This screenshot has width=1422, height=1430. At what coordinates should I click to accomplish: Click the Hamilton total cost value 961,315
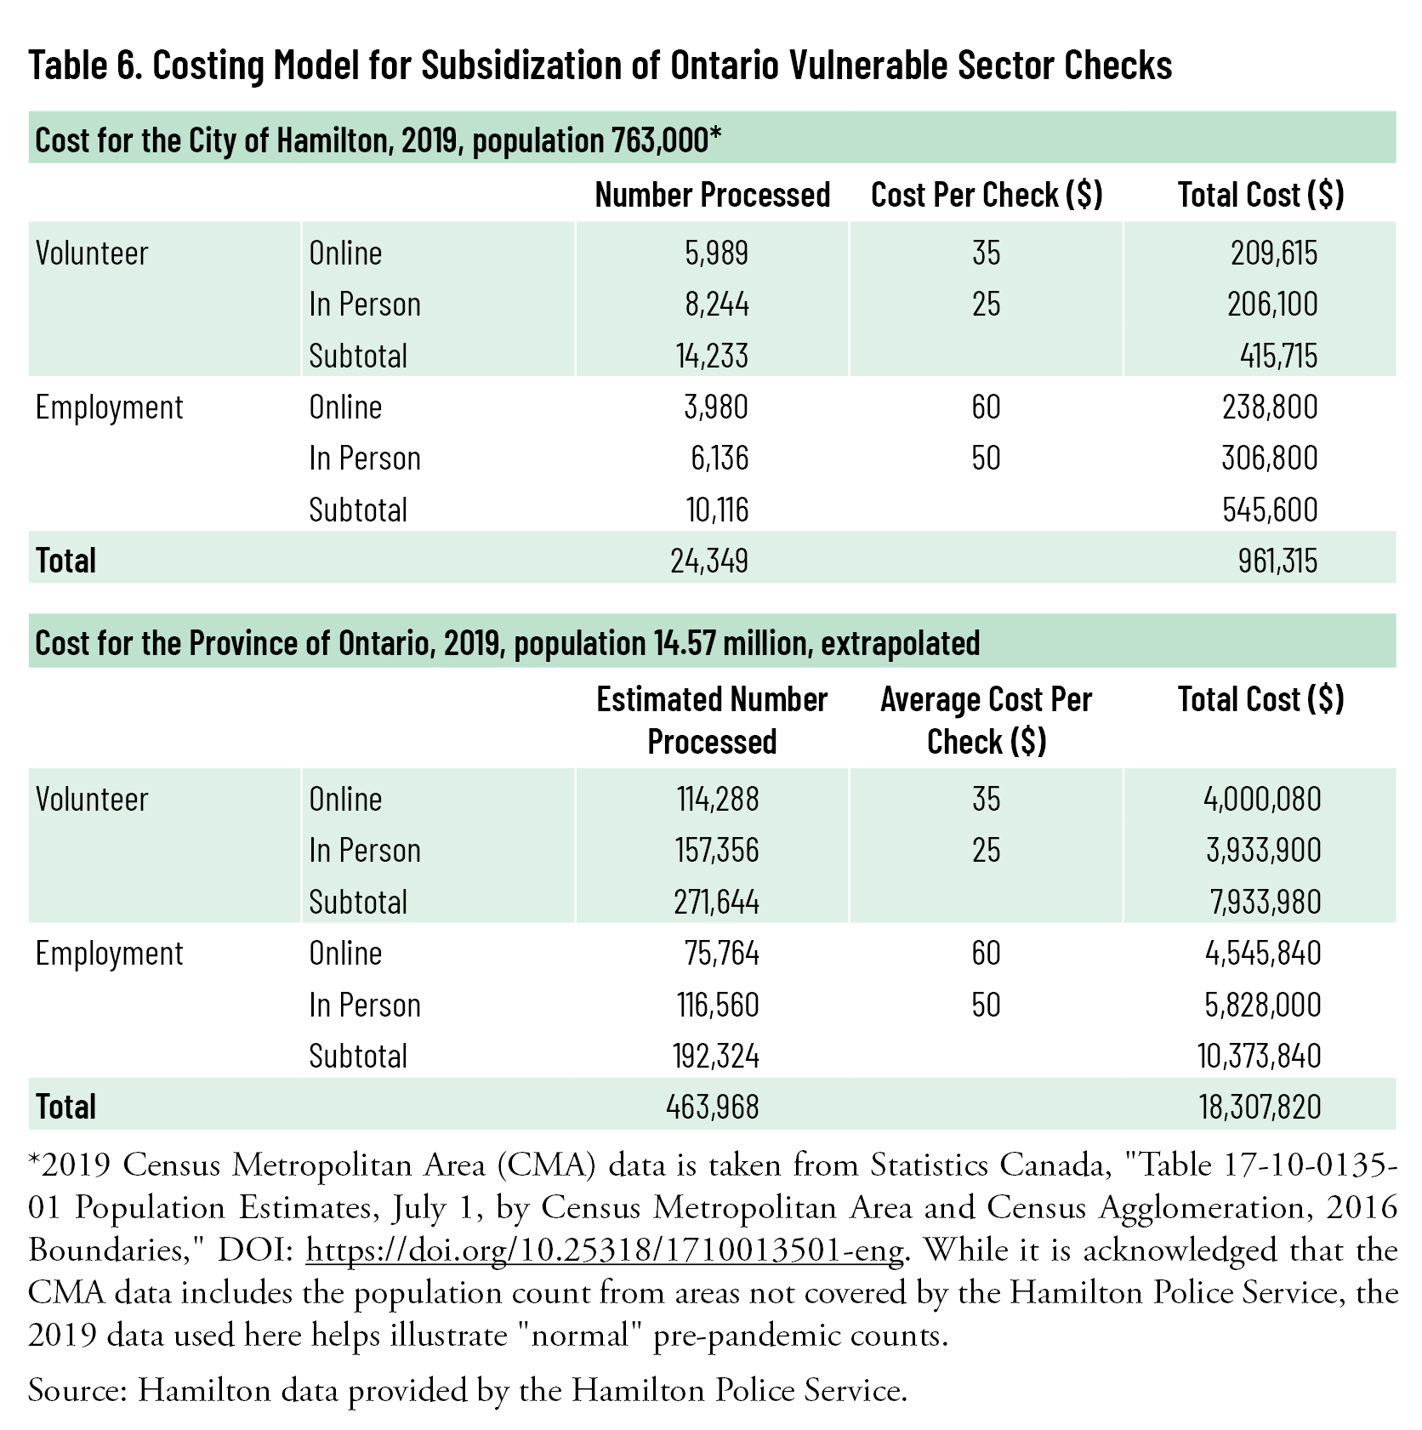click(1277, 561)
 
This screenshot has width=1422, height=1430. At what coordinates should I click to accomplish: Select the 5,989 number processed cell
click(717, 253)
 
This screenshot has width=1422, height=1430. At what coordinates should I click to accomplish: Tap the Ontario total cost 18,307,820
click(1260, 1107)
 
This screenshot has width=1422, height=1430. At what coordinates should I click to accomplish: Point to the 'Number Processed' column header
click(712, 195)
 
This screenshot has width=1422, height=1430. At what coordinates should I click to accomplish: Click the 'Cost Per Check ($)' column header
click(986, 195)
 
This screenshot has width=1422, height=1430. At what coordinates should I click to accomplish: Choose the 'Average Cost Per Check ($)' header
click(986, 720)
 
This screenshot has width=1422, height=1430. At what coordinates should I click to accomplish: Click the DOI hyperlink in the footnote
click(604, 1250)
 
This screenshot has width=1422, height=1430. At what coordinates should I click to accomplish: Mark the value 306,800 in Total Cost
click(1270, 458)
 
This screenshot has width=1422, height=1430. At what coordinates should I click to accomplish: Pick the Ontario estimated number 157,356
click(717, 850)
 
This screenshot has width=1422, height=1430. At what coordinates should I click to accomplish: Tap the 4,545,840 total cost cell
click(1263, 953)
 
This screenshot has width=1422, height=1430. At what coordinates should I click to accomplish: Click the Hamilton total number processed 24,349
click(709, 561)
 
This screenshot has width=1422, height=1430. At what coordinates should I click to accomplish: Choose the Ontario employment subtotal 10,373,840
click(1259, 1056)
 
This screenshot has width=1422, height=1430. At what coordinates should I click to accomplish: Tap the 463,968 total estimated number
click(712, 1107)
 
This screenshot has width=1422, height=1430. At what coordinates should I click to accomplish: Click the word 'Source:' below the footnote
click(77, 1390)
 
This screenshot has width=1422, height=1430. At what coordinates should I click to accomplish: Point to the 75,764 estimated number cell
click(722, 953)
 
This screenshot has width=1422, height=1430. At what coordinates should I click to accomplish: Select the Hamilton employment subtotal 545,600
click(1270, 510)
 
